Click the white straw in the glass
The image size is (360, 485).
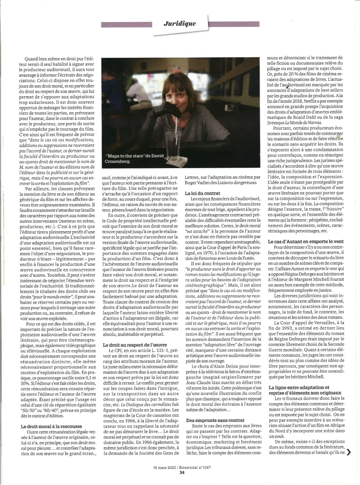tap(165, 118)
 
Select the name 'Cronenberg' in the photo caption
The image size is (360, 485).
tap(125, 161)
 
